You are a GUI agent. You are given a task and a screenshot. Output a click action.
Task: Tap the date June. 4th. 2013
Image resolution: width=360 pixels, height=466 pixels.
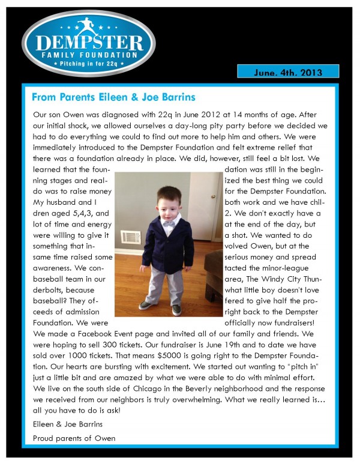click(288, 72)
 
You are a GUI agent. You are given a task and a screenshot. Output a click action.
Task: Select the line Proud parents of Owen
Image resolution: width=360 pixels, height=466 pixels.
click(75, 438)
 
